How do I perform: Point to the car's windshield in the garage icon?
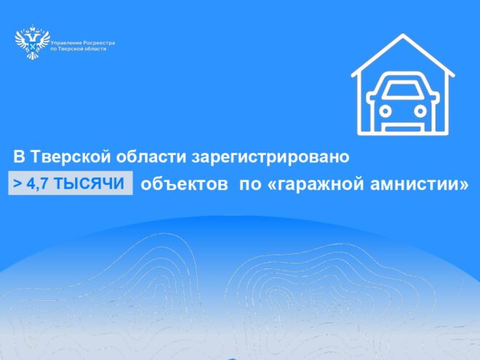coord(404,92)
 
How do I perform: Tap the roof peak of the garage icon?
coord(404,35)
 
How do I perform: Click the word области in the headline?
coord(153,156)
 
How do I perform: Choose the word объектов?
coord(180,184)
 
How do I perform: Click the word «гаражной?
coord(316,184)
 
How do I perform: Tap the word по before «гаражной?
coord(249,184)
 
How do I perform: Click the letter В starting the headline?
coord(20,156)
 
